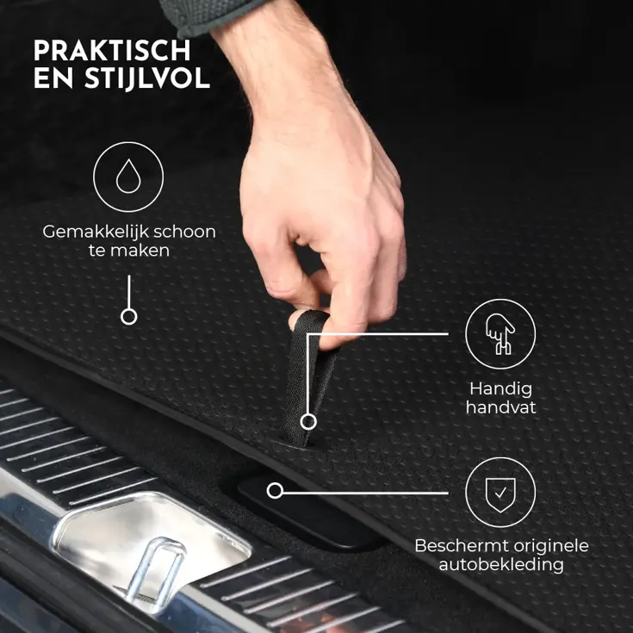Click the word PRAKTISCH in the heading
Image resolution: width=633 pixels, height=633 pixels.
point(112,50)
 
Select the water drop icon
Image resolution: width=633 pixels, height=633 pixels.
point(128,177)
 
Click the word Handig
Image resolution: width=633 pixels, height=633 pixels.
point(500,388)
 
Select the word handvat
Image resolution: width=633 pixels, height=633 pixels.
point(500,407)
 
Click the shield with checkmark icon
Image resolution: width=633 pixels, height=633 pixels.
point(500,492)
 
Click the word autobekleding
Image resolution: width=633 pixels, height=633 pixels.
point(500,565)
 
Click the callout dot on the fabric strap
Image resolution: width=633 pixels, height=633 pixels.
point(308,421)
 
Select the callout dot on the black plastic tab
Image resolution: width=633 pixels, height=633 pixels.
point(275,491)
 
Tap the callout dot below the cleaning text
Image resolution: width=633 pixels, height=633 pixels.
point(128,316)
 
